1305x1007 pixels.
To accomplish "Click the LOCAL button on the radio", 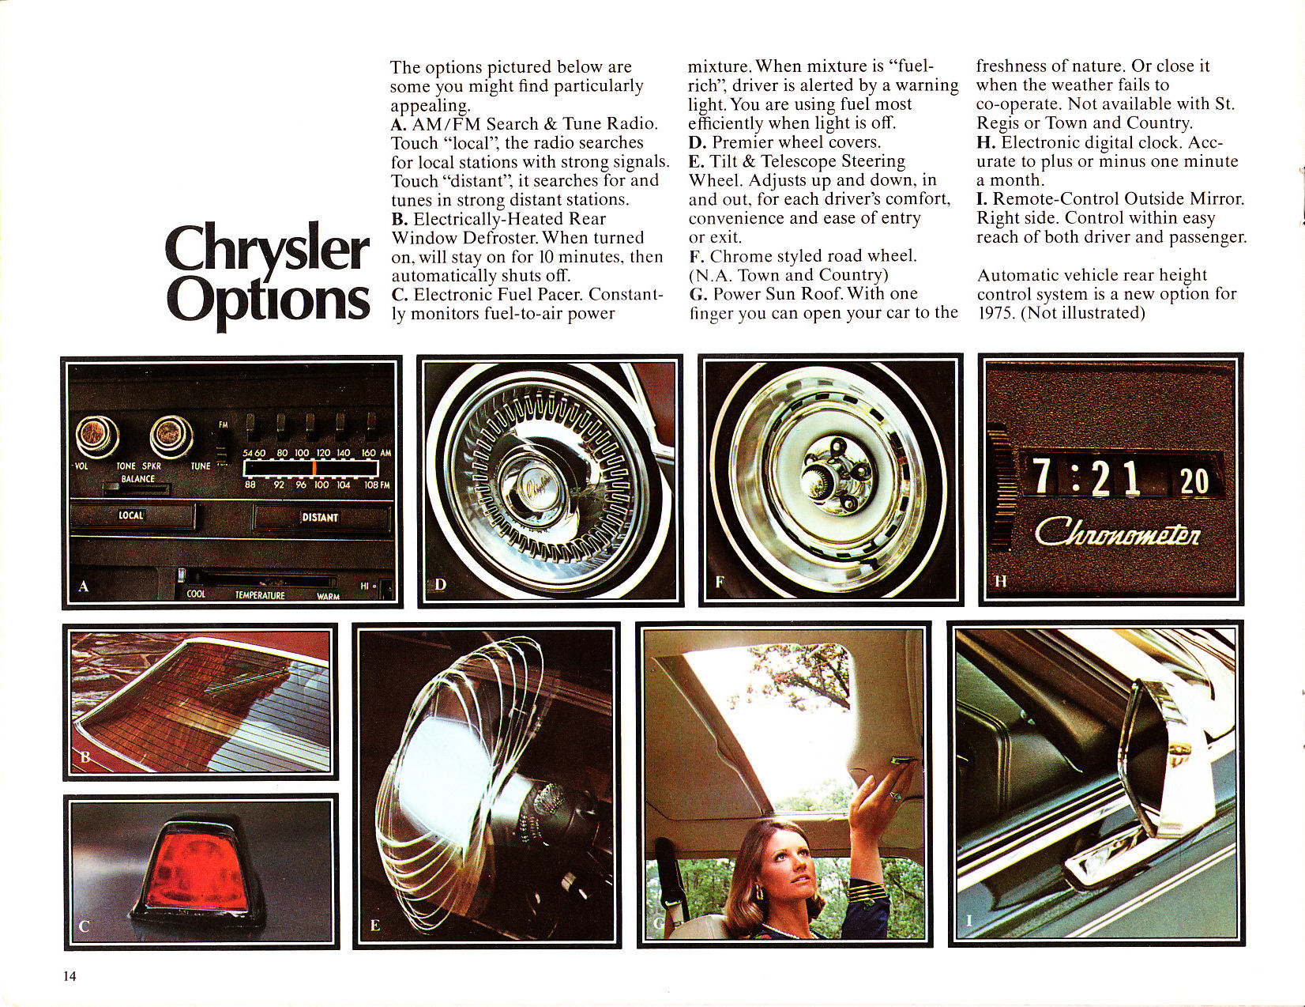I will tap(132, 516).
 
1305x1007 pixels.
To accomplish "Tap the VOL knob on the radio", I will tap(97, 436).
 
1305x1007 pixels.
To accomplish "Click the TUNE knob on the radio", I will tap(171, 436).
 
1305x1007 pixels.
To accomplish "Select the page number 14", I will tap(70, 976).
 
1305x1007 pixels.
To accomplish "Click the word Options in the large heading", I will tap(269, 301).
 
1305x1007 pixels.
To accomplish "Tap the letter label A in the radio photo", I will tap(85, 586).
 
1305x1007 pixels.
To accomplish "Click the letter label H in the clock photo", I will tap(1000, 582).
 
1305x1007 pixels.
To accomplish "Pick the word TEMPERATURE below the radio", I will tap(260, 595).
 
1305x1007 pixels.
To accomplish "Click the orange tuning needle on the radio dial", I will tap(314, 468).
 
